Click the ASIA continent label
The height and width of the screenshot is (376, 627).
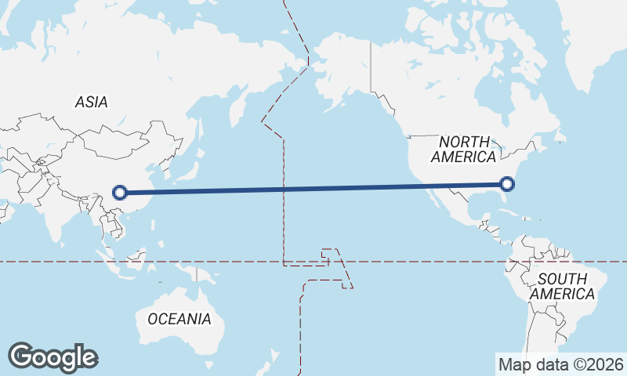point(91,102)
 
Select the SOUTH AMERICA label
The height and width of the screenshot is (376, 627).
point(562,287)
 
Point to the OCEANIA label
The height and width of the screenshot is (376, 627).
point(179,319)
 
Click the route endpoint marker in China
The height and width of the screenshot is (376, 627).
point(120,191)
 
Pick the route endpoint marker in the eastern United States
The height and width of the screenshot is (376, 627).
point(507,184)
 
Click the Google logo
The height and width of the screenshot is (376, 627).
point(53,357)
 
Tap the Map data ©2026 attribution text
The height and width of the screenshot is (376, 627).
point(560,364)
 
